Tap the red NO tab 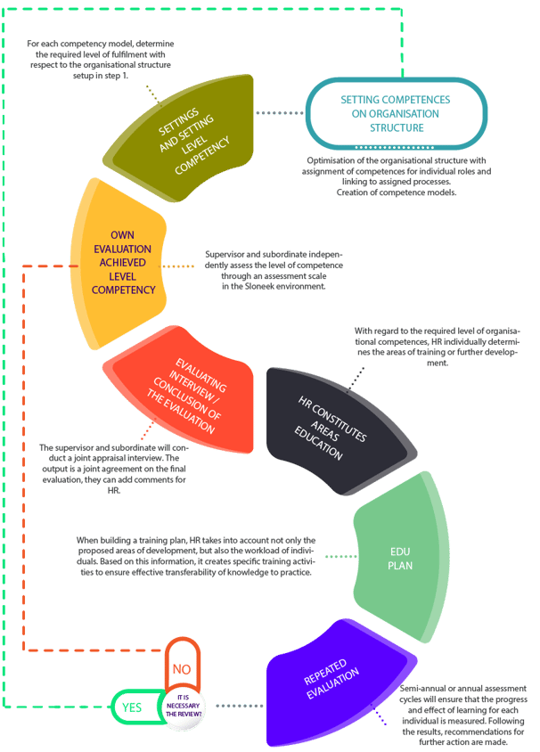click(181, 667)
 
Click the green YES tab click(133, 708)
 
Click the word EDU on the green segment click(399, 550)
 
